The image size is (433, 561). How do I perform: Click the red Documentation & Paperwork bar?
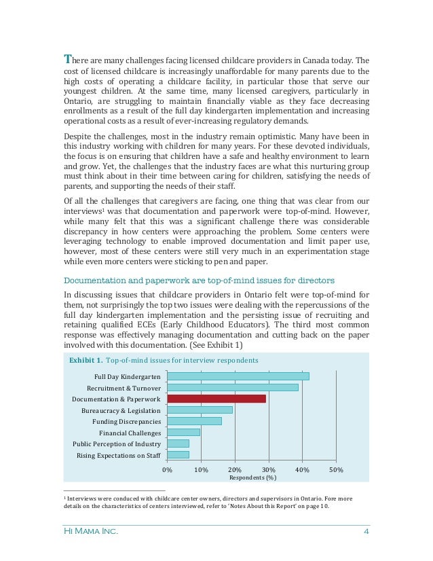(x=216, y=399)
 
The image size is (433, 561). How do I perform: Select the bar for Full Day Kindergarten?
(x=238, y=376)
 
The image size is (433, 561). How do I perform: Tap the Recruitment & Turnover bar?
(x=232, y=387)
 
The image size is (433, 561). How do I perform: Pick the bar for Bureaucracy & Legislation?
(x=200, y=410)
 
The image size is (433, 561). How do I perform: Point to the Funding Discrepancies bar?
(x=194, y=421)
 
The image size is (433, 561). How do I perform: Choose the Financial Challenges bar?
(x=183, y=433)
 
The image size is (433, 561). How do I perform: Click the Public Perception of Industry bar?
(x=178, y=444)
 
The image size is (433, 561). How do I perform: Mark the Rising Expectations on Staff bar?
(x=178, y=454)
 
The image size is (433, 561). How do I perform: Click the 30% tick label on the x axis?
(x=268, y=470)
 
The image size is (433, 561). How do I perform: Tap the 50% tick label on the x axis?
(x=335, y=470)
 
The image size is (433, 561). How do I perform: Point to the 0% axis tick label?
(x=167, y=470)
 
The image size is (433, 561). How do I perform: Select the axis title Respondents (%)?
(x=252, y=477)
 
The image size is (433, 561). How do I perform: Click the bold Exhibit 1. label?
(x=86, y=360)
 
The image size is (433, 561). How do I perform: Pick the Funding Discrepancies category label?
(x=126, y=422)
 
